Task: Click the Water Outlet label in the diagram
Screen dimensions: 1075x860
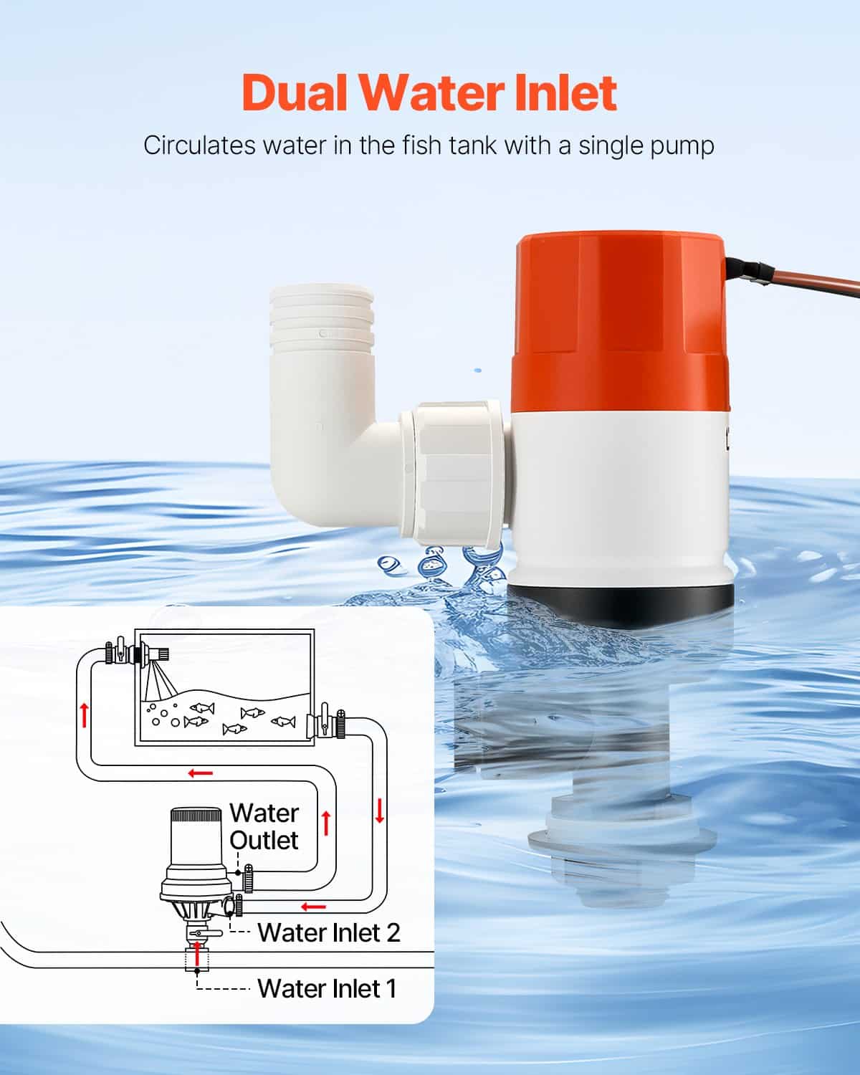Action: [x=264, y=826]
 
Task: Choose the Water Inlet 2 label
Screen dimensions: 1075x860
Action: [x=328, y=932]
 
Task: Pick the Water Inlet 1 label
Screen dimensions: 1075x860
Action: [x=326, y=988]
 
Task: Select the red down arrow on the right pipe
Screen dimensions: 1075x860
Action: [x=379, y=811]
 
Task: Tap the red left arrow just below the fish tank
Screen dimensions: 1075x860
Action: [x=201, y=773]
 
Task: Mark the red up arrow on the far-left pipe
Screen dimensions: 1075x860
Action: [x=85, y=715]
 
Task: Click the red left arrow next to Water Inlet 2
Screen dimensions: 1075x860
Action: [x=313, y=907]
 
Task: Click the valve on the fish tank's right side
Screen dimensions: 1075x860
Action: [x=325, y=721]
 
